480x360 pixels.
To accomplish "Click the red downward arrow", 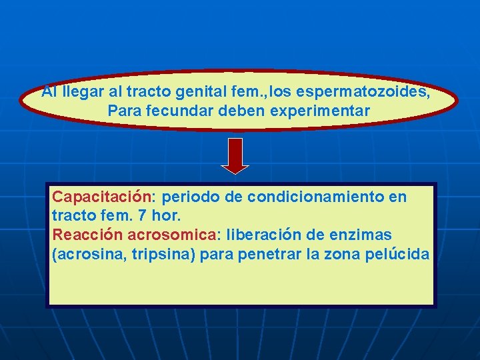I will [235, 155].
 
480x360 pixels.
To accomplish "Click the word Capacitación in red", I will [103, 197].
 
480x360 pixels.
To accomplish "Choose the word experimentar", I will [323, 111].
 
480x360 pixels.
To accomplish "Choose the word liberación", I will [264, 235].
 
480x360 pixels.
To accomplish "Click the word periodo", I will [189, 197].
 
